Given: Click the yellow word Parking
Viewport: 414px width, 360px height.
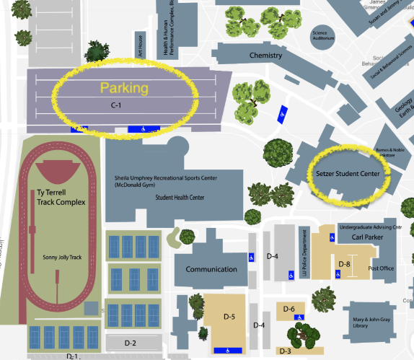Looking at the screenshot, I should (124, 89).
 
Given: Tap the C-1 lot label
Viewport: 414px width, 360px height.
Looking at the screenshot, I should (115, 105).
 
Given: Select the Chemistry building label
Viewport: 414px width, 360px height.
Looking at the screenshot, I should (265, 56).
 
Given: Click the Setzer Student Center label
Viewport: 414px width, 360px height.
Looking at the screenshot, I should (348, 173).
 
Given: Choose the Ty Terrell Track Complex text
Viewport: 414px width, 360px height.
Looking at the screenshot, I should (61, 198).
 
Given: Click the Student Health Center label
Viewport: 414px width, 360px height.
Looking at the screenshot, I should (175, 197).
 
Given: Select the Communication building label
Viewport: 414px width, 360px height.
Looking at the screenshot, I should (211, 269).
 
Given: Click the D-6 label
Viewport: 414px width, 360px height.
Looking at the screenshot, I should (289, 309).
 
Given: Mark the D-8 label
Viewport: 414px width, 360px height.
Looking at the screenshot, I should (344, 264).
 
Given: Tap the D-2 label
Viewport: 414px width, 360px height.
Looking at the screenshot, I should (130, 342).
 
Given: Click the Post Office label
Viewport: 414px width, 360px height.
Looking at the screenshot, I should (381, 268).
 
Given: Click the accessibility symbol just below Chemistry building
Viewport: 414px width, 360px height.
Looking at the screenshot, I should (282, 113).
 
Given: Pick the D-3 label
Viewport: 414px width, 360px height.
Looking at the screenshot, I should (283, 351).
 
